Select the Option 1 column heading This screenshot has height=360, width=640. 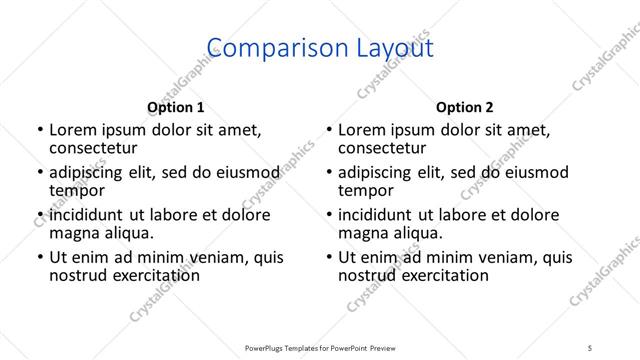(x=175, y=107)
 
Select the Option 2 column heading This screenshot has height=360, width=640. (x=465, y=107)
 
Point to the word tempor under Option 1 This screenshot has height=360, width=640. (x=76, y=190)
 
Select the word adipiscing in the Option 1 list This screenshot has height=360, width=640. (x=91, y=173)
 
